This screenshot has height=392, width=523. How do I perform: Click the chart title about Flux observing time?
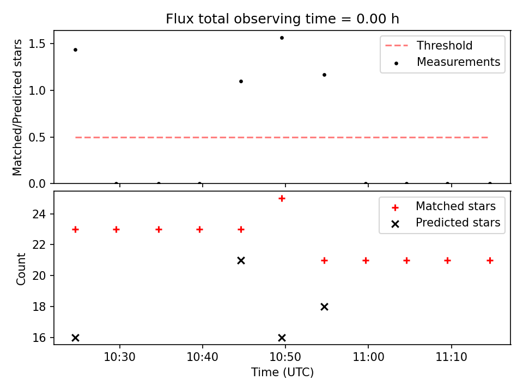pyautogui.click(x=282, y=19)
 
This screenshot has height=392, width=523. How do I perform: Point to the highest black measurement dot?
pyautogui.click(x=282, y=38)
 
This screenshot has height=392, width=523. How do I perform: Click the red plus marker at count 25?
pyautogui.click(x=282, y=199)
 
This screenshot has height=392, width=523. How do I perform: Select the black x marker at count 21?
pyautogui.click(x=241, y=261)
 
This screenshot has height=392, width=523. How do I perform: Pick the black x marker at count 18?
pyautogui.click(x=324, y=307)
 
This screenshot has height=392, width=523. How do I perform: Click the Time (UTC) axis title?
pyautogui.click(x=282, y=372)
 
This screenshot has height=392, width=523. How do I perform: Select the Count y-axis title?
pyautogui.click(x=21, y=268)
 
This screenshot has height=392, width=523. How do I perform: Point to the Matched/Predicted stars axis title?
pyautogui.click(x=17, y=107)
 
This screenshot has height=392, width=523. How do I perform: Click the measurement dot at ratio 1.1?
pyautogui.click(x=241, y=81)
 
